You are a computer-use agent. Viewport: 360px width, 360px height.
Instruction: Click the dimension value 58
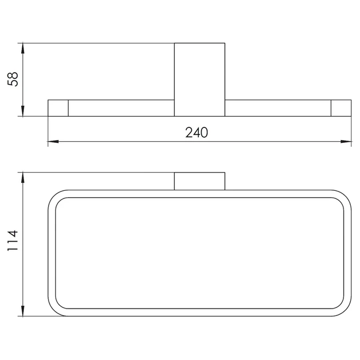13,79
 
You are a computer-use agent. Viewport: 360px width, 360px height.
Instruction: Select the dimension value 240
197,133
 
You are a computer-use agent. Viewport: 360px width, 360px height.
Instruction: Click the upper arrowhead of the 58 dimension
23,49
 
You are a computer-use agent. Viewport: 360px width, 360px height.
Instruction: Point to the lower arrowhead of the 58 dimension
23,111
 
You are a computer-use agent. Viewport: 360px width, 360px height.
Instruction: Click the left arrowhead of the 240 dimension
53,142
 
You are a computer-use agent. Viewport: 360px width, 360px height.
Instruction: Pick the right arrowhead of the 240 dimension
346,142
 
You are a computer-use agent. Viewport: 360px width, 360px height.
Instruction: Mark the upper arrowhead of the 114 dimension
23,178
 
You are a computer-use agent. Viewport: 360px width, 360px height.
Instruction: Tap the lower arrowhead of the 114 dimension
23,311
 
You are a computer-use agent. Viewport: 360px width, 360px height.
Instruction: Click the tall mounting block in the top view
199,79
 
